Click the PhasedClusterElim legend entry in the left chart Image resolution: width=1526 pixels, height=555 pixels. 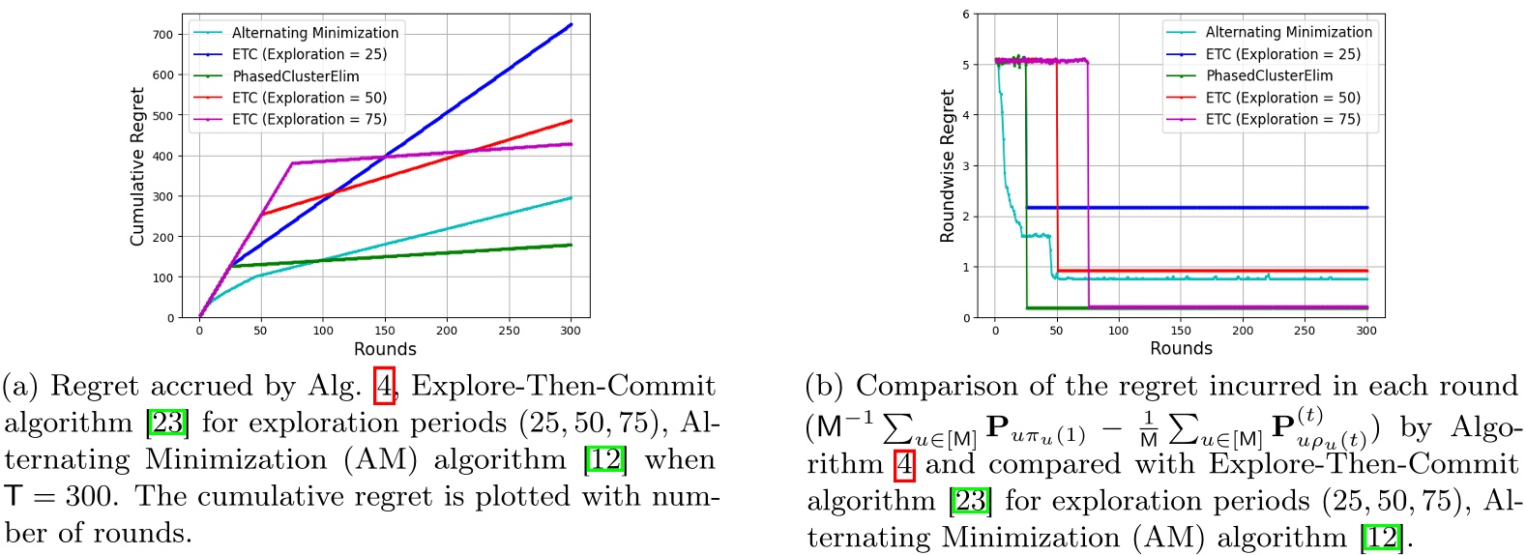click(x=295, y=76)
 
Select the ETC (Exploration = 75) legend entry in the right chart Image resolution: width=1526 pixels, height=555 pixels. click(x=1282, y=119)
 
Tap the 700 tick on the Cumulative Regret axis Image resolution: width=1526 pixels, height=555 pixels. click(x=163, y=34)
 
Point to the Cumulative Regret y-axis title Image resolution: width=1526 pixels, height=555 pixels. click(x=137, y=166)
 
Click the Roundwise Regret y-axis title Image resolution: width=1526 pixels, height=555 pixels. click(x=947, y=166)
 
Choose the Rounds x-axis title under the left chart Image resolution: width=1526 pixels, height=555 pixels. click(x=385, y=349)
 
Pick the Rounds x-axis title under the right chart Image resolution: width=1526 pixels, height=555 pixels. click(x=1181, y=348)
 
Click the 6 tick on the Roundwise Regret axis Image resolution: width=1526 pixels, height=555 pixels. click(x=965, y=15)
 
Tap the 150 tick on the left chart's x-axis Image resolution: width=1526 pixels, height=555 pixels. click(x=385, y=331)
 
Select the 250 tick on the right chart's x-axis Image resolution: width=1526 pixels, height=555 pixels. click(x=1305, y=331)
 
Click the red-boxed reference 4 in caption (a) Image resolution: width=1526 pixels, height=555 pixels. click(x=384, y=387)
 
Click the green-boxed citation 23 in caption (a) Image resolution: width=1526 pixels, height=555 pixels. click(x=167, y=424)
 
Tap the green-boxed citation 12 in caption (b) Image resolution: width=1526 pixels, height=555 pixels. click(x=1381, y=537)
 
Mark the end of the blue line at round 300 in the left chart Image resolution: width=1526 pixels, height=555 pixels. click(x=571, y=24)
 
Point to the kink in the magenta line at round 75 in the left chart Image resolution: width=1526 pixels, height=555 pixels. click(x=292, y=163)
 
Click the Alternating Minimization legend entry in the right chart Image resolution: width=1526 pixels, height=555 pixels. click(x=1288, y=32)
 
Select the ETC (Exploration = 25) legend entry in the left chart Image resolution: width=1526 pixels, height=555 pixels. click(x=308, y=54)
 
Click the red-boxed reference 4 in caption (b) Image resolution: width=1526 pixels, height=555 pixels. click(x=904, y=465)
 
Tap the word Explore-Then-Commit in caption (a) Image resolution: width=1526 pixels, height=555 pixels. click(x=563, y=387)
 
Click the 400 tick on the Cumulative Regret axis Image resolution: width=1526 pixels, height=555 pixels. click(x=163, y=156)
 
